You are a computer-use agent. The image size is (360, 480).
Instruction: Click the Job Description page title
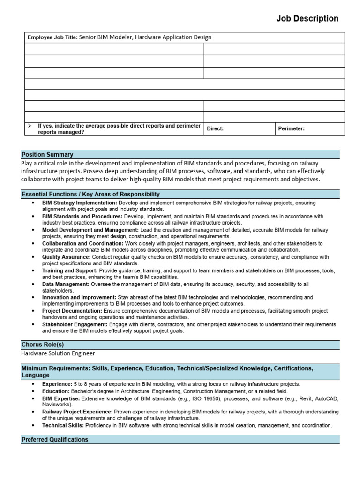(x=307, y=19)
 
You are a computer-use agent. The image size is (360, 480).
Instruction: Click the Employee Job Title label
(x=52, y=37)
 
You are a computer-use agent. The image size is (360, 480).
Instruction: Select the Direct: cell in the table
(x=215, y=129)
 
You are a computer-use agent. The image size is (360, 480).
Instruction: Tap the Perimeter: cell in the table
(x=291, y=129)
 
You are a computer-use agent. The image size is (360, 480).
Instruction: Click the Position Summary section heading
(x=47, y=154)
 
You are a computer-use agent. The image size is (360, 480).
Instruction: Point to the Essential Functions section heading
(x=90, y=194)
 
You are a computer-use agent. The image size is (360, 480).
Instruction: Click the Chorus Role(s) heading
(x=43, y=345)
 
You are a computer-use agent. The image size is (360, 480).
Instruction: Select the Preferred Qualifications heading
(x=55, y=440)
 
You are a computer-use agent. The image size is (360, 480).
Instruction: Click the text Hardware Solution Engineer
(x=58, y=353)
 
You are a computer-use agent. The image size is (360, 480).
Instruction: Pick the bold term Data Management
(x=65, y=285)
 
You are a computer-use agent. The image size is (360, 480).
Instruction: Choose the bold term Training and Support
(x=70, y=271)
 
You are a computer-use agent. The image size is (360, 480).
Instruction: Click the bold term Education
(x=56, y=391)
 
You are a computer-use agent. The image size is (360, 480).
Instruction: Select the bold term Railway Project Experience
(x=77, y=412)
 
